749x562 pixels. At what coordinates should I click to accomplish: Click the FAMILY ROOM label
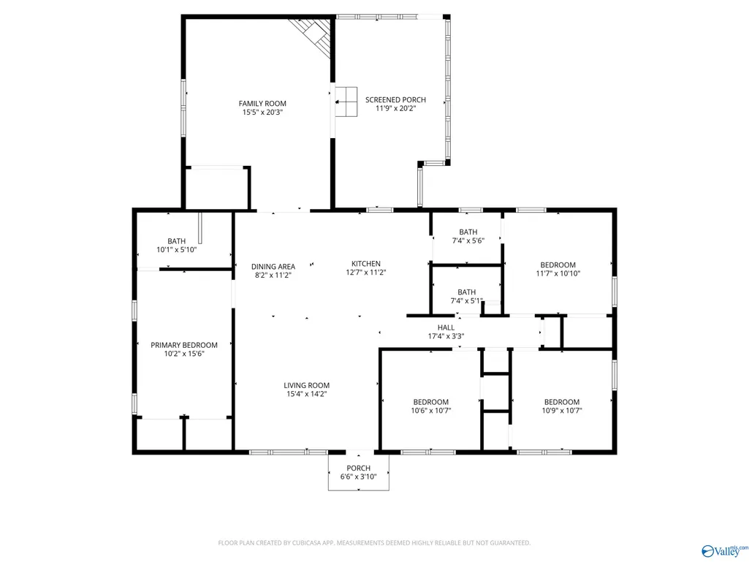point(262,103)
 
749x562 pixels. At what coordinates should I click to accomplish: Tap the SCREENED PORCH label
point(395,99)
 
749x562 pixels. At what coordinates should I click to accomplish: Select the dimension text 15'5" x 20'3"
point(262,113)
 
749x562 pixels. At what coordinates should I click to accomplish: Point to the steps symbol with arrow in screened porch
point(346,102)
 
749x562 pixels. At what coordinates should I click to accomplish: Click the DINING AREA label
point(273,267)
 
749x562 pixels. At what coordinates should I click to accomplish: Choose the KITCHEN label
point(366,263)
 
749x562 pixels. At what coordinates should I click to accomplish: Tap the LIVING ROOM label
point(307,385)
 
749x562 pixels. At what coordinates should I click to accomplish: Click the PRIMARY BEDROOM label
point(184,345)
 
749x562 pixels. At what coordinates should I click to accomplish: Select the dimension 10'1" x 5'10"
point(176,250)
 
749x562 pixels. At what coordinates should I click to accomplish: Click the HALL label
point(446,327)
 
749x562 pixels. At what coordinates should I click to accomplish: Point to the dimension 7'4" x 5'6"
point(468,241)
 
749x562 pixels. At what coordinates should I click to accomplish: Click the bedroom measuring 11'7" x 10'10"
point(558,265)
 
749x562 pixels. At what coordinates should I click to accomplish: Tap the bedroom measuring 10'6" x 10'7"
point(431,402)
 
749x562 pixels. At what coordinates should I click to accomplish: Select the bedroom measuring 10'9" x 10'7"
point(562,402)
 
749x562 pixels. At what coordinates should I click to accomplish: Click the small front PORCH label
point(358,468)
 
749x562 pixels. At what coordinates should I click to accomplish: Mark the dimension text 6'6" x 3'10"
point(358,477)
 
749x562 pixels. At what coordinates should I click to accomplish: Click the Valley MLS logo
point(725,551)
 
